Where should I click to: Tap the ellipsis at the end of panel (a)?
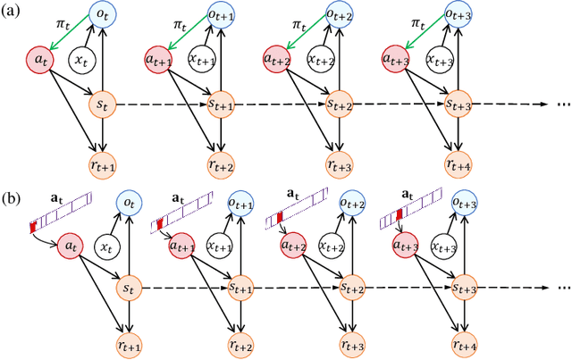click(x=558, y=105)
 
